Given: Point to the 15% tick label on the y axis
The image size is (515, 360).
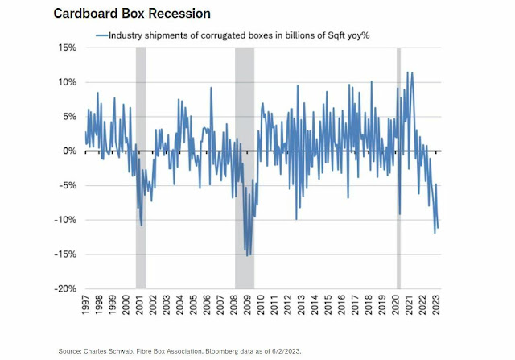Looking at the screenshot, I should click(68, 48).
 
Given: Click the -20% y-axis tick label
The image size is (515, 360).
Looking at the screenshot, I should click(66, 288).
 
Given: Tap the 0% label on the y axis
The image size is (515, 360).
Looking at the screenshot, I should click(70, 151).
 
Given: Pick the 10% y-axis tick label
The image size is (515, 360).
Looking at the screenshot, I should click(68, 82).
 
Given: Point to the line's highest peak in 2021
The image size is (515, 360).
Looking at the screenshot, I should click(409, 72).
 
